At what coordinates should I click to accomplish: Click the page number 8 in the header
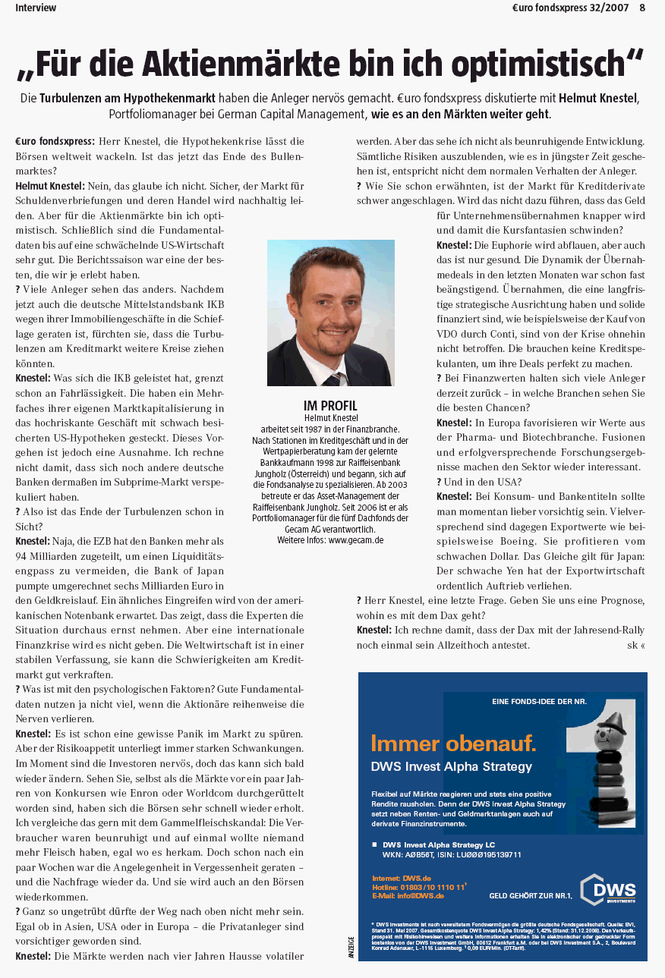coord(642,8)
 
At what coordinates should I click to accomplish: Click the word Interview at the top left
coord(36,8)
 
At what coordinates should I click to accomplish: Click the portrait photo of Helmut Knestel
coord(331,313)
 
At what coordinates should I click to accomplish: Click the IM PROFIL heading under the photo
coord(330,406)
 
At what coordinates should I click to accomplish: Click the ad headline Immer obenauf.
coord(453,742)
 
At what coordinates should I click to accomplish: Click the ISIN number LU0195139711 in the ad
coord(484,854)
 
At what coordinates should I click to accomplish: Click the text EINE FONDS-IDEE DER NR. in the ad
coord(539,701)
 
